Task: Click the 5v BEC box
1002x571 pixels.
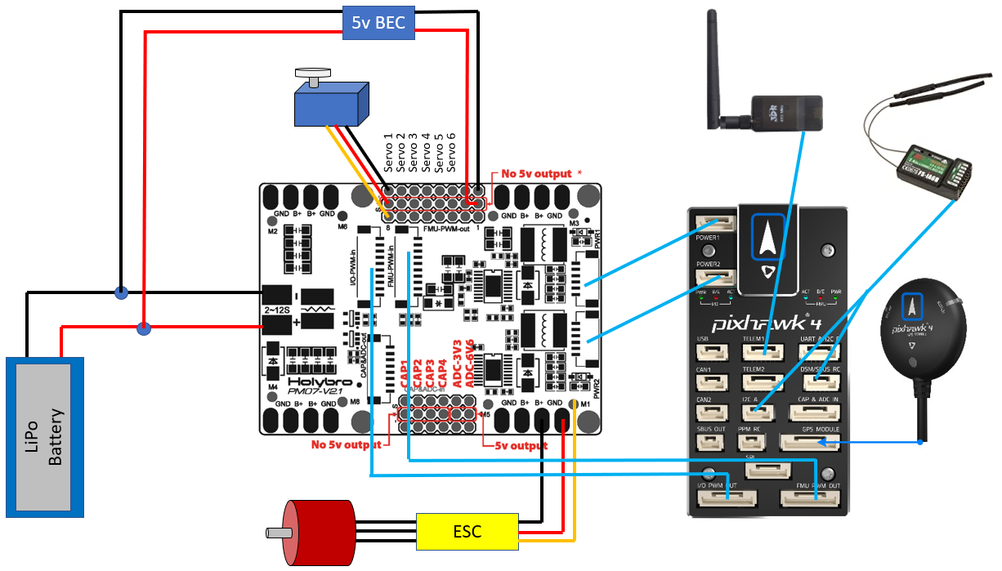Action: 378,23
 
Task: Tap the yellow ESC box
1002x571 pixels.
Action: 467,532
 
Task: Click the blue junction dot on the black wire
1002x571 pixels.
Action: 121,292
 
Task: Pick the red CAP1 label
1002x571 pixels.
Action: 405,375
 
